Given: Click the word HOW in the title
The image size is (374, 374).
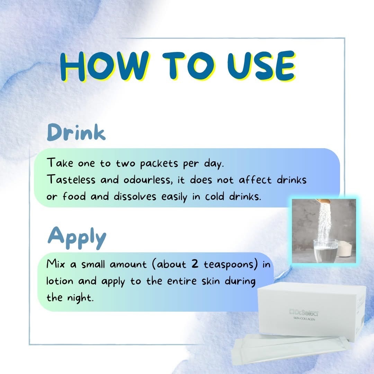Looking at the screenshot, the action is tap(105, 66).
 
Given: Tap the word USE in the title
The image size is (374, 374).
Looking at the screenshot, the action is tap(261, 66).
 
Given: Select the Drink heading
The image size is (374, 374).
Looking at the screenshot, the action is tap(76, 132).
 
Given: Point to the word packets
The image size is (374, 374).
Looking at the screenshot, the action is tap(159, 164).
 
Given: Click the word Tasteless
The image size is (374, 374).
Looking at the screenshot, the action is tap(71, 179).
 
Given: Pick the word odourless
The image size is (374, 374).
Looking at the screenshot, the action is tap(148, 180).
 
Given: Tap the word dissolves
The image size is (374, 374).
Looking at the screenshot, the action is tap(135, 197).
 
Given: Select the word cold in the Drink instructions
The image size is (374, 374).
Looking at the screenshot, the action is tap(215, 197).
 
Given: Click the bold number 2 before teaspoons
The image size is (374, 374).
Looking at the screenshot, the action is tap(195, 264).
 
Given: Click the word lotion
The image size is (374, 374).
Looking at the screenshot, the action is tap(60, 281).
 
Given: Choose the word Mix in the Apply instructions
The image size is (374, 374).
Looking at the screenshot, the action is tap(55, 264).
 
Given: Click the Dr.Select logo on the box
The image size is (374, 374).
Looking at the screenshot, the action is tap(303, 312).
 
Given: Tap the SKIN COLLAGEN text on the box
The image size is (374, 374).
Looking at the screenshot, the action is tap(304, 319).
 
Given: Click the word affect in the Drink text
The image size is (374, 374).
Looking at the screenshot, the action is tap(255, 179).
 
